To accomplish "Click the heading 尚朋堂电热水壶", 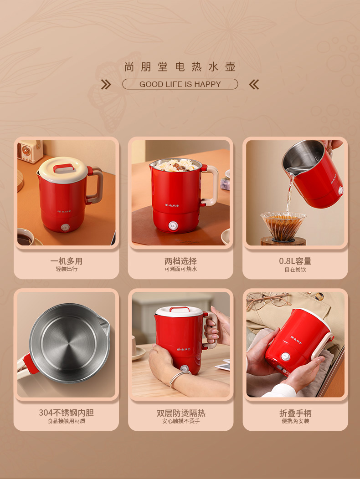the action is coord(180,66).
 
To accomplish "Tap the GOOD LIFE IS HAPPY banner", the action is coord(180,84).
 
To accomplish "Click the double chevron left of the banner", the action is coord(106,84).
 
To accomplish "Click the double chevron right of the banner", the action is coord(254,84).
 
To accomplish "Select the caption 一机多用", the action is coord(67,261).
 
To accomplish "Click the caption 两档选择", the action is coord(180,261).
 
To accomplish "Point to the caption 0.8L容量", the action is coord(295,261).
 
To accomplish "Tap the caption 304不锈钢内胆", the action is coord(67,413).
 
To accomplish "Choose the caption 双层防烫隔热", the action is coord(181,413).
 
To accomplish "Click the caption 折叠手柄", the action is coord(295,413).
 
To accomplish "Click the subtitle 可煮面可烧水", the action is coord(180,269).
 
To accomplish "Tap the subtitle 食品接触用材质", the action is coord(67,421).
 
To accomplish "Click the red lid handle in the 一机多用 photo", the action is coord(64,168).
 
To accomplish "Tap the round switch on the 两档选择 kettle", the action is coord(173,226).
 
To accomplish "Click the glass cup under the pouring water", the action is coord(283,225).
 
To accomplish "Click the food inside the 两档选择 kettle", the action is coord(175,165).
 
